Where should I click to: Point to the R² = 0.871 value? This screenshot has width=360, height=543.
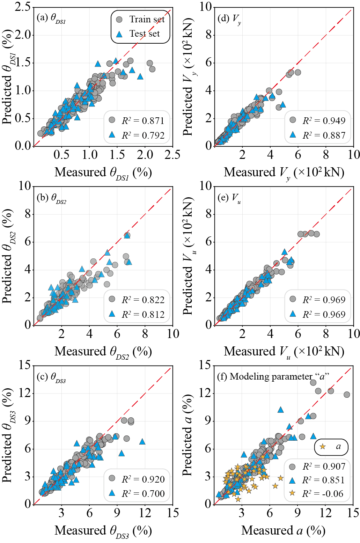143,121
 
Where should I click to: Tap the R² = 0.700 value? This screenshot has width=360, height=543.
143,493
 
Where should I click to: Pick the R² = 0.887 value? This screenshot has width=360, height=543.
324,135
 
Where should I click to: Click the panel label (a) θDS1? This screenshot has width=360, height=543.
51,18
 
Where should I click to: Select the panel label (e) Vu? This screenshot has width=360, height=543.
229,198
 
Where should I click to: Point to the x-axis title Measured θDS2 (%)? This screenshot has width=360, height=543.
103,352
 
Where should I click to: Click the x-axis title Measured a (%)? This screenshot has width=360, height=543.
283,530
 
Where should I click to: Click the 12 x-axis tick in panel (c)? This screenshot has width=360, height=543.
145,513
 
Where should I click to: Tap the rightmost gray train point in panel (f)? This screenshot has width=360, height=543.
347,395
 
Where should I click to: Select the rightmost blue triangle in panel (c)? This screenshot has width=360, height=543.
142,442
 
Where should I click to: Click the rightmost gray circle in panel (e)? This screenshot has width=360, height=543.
316,234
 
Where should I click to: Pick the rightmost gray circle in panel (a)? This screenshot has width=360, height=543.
152,69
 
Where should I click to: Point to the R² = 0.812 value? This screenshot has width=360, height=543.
143,315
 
